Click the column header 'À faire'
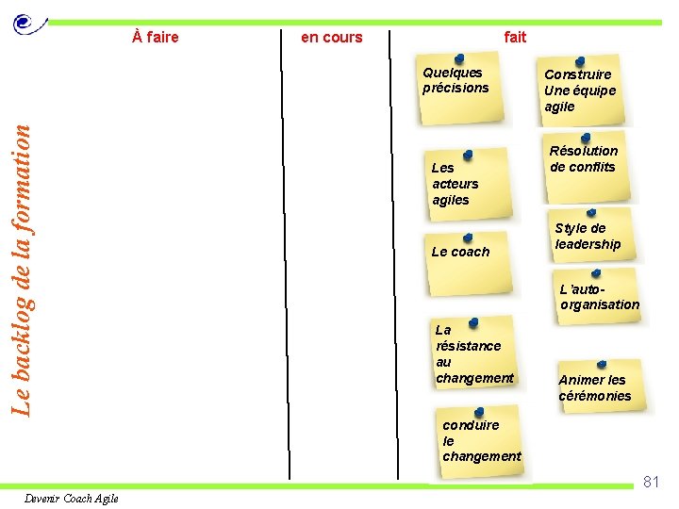click(x=156, y=38)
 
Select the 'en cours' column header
click(x=331, y=38)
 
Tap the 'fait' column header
click(x=515, y=37)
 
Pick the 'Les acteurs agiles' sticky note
click(x=456, y=185)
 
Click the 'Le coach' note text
click(x=460, y=252)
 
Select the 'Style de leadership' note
click(x=588, y=237)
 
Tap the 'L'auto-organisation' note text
click(x=599, y=297)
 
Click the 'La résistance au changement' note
click(x=473, y=354)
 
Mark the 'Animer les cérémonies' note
click(x=594, y=387)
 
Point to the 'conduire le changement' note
click(x=481, y=440)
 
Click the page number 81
click(x=651, y=482)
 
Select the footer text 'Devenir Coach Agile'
click(x=72, y=499)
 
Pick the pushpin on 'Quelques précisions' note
click(x=458, y=58)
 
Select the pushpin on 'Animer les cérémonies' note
click(x=602, y=363)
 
